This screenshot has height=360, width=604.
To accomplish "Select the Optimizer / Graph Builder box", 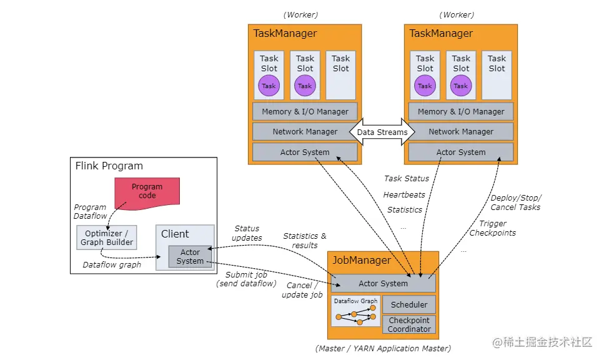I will (x=106, y=238).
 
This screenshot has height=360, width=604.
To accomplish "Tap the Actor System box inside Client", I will (x=190, y=256).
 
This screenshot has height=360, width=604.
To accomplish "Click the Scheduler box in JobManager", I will (x=409, y=304).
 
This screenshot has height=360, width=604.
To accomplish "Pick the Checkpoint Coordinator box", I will (x=409, y=324).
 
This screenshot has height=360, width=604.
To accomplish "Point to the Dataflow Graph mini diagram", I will (x=355, y=311).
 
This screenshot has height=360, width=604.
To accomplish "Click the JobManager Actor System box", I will (x=383, y=283).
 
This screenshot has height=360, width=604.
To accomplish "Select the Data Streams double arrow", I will (x=382, y=132).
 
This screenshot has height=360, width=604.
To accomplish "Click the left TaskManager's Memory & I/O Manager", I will (x=305, y=111).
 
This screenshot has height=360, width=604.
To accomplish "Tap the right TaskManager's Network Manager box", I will (x=461, y=131).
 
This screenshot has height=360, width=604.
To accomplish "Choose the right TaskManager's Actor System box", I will (x=461, y=152).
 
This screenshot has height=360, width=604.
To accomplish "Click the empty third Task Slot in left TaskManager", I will (x=340, y=75).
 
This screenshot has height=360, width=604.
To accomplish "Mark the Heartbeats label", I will (x=404, y=194).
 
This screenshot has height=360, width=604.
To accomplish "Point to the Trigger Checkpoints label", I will (x=493, y=228).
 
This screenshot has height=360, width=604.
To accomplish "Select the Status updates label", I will (x=247, y=233).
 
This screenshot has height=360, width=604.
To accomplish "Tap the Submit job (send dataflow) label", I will (x=245, y=279).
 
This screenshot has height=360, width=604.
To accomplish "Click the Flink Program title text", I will (x=109, y=166).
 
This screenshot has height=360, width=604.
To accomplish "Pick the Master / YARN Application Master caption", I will (x=383, y=348).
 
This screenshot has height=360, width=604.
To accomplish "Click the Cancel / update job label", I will (x=302, y=290).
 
